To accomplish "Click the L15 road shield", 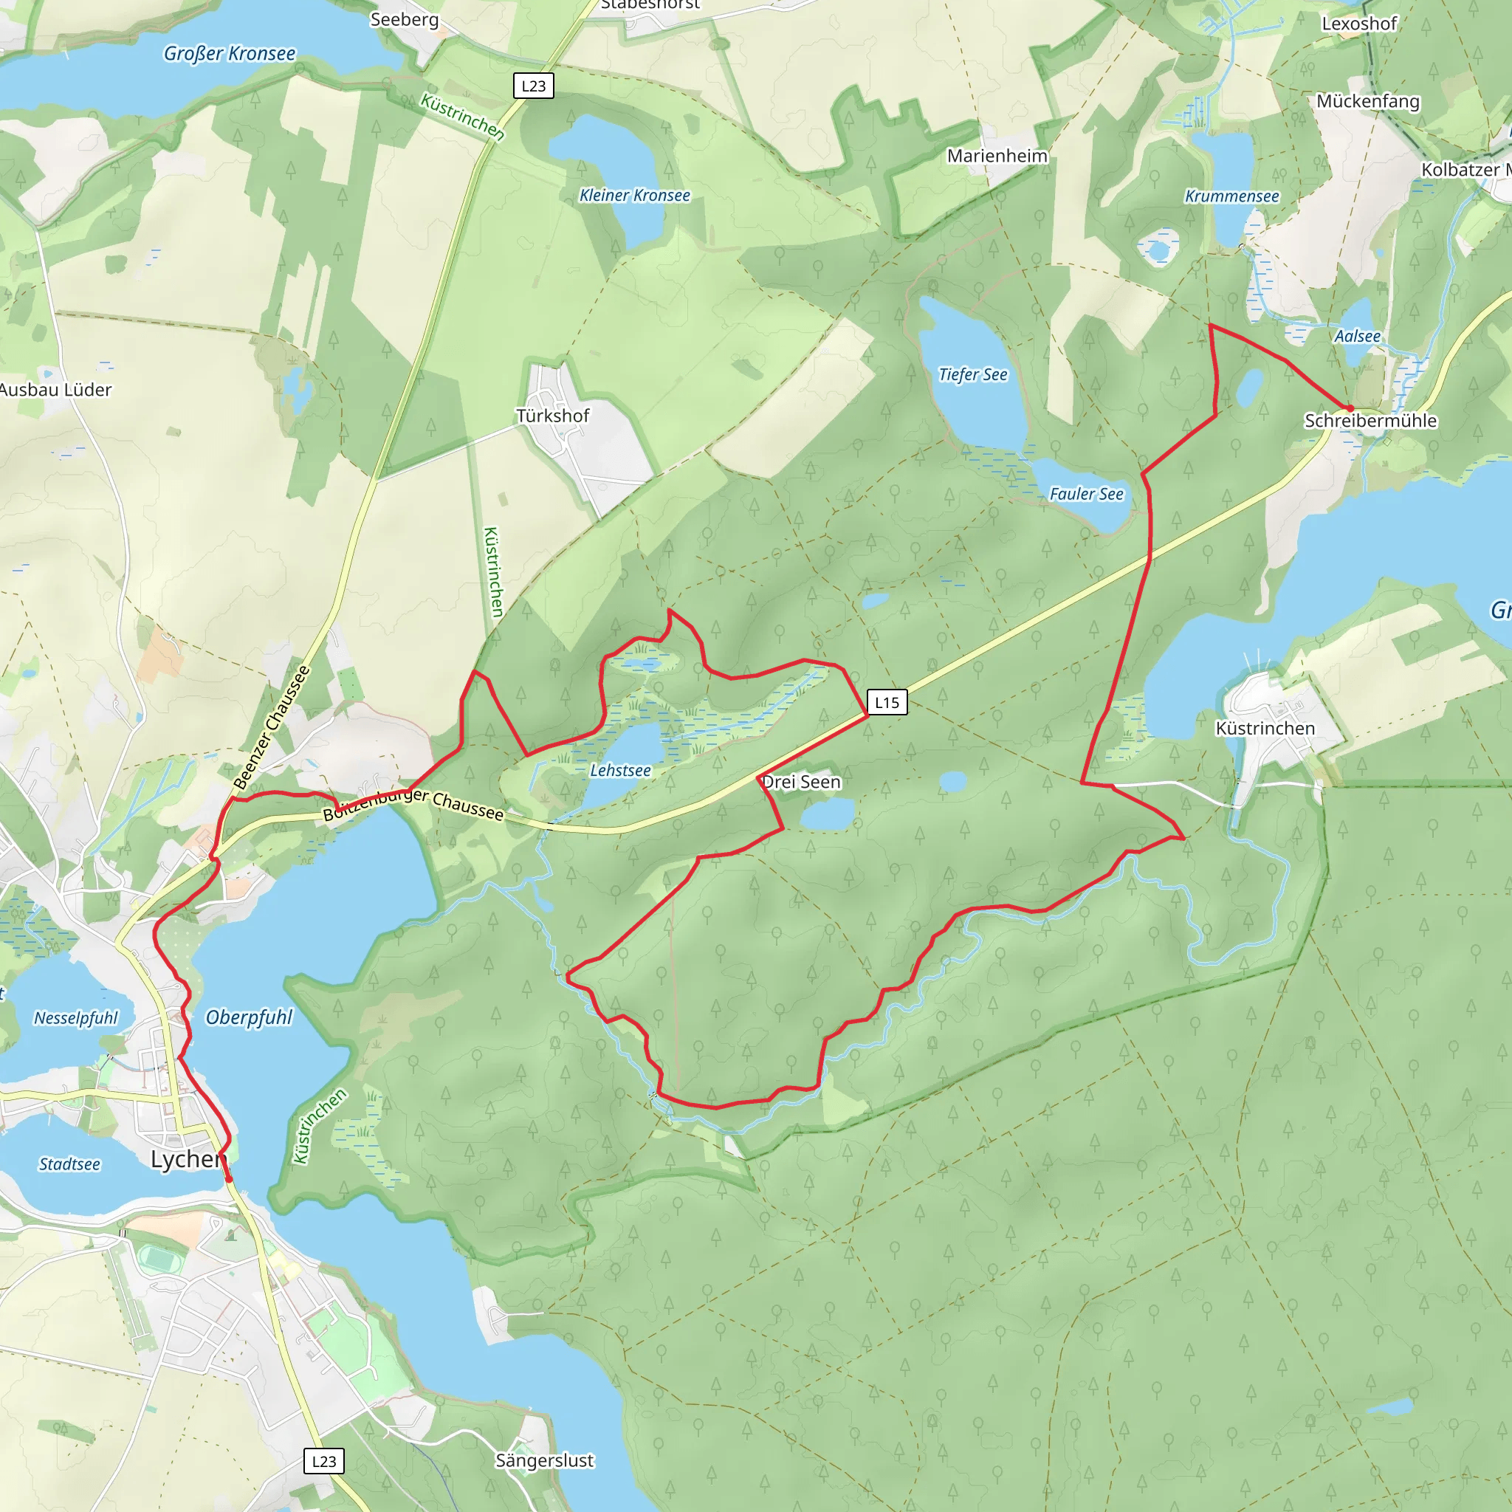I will coord(887,702).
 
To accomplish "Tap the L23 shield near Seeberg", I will coord(533,86).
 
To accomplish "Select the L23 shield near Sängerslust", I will coord(323,1460).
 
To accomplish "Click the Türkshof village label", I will coord(552,416).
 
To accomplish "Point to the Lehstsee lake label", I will coord(620,770).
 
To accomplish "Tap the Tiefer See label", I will coord(973,374).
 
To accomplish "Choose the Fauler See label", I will coord(1086,494).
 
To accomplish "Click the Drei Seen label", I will coord(800,782).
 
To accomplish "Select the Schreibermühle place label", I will coord(1370,420).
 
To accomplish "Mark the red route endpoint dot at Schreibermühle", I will coord(1350,408).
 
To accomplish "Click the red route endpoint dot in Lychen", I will coord(229,1179).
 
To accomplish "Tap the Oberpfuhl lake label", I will coord(249,1017).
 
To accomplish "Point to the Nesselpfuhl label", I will coord(75,1018).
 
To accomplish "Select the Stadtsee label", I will coord(69,1164).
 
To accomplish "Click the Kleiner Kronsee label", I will coord(635,195).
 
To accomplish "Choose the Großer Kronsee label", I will coord(230,53).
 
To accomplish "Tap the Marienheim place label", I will coord(997,156).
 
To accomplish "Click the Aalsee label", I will coord(1357,336).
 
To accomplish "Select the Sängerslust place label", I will coord(545,1460).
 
